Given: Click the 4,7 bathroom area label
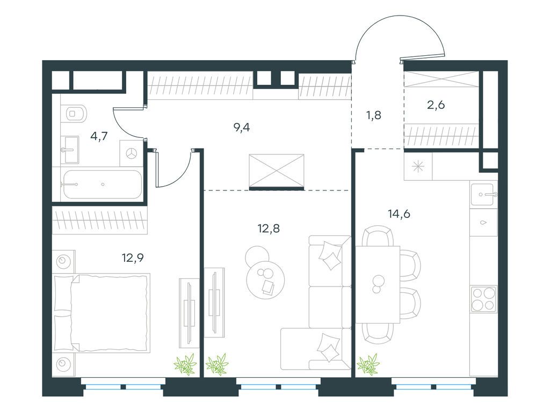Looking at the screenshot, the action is coord(99,136).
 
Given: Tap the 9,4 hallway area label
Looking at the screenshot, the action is coord(242,128).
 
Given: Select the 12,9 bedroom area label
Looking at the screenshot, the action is coord(133,258).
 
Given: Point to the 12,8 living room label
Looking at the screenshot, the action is coord(269,229).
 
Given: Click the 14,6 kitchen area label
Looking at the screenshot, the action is coord(399,214).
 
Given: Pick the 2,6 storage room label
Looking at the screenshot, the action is coord(436,105).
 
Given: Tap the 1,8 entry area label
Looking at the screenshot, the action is coord(374,115).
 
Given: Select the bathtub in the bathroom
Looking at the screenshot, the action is coord(102,185).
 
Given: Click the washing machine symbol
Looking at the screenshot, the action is coord(132,153).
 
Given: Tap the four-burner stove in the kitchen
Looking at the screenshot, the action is coord(484,299).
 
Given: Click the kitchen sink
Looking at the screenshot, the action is coord(484,194).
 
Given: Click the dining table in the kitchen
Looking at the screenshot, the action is coord(378,284).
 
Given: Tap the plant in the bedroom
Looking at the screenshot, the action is coord(185,364).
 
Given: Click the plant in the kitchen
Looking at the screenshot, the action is coord(368,364).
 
